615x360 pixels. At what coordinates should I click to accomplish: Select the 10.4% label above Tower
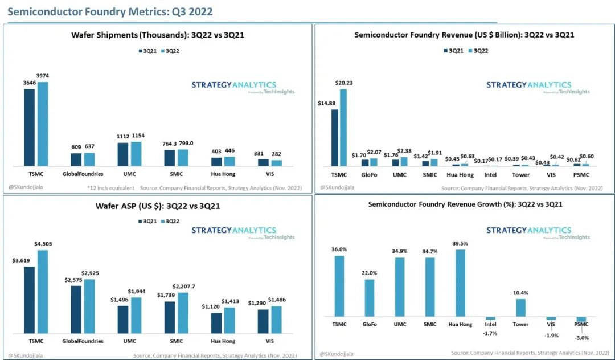(520, 293)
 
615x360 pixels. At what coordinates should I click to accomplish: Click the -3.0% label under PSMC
(582, 338)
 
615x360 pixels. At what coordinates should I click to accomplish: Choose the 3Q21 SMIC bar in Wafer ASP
(170, 317)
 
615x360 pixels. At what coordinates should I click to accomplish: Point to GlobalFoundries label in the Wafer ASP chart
(83, 341)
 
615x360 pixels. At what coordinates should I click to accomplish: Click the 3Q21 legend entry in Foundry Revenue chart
(453, 51)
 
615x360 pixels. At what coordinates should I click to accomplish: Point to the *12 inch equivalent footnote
(111, 187)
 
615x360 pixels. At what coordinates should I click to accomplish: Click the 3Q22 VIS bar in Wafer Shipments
(277, 163)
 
